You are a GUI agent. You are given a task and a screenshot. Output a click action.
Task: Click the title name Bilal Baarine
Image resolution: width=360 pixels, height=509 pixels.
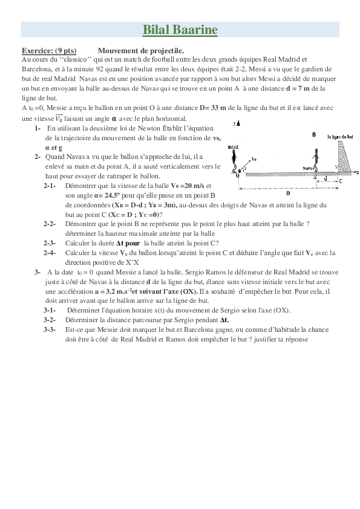[x=180, y=30]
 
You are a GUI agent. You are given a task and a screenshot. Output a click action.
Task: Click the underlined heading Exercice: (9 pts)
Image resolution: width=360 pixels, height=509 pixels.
[x=48, y=51]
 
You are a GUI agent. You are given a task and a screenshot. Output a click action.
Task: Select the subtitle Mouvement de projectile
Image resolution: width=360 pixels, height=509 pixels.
[x=141, y=51]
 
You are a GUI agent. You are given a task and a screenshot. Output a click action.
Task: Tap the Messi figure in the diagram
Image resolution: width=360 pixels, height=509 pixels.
[x=234, y=160]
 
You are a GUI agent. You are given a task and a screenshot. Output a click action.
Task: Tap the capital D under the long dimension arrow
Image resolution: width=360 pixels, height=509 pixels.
[x=287, y=193]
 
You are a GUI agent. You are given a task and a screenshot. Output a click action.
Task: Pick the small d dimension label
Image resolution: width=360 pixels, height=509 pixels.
[x=326, y=179]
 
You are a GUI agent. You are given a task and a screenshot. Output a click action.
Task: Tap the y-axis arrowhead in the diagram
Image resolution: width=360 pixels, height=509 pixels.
[x=238, y=123]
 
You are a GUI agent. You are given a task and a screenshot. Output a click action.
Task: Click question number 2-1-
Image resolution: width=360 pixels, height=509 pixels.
[x=50, y=186]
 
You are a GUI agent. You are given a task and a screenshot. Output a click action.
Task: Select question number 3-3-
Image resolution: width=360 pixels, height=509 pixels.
[x=50, y=330]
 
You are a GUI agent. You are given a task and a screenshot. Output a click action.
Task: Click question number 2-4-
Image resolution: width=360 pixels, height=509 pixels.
[x=50, y=253]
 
